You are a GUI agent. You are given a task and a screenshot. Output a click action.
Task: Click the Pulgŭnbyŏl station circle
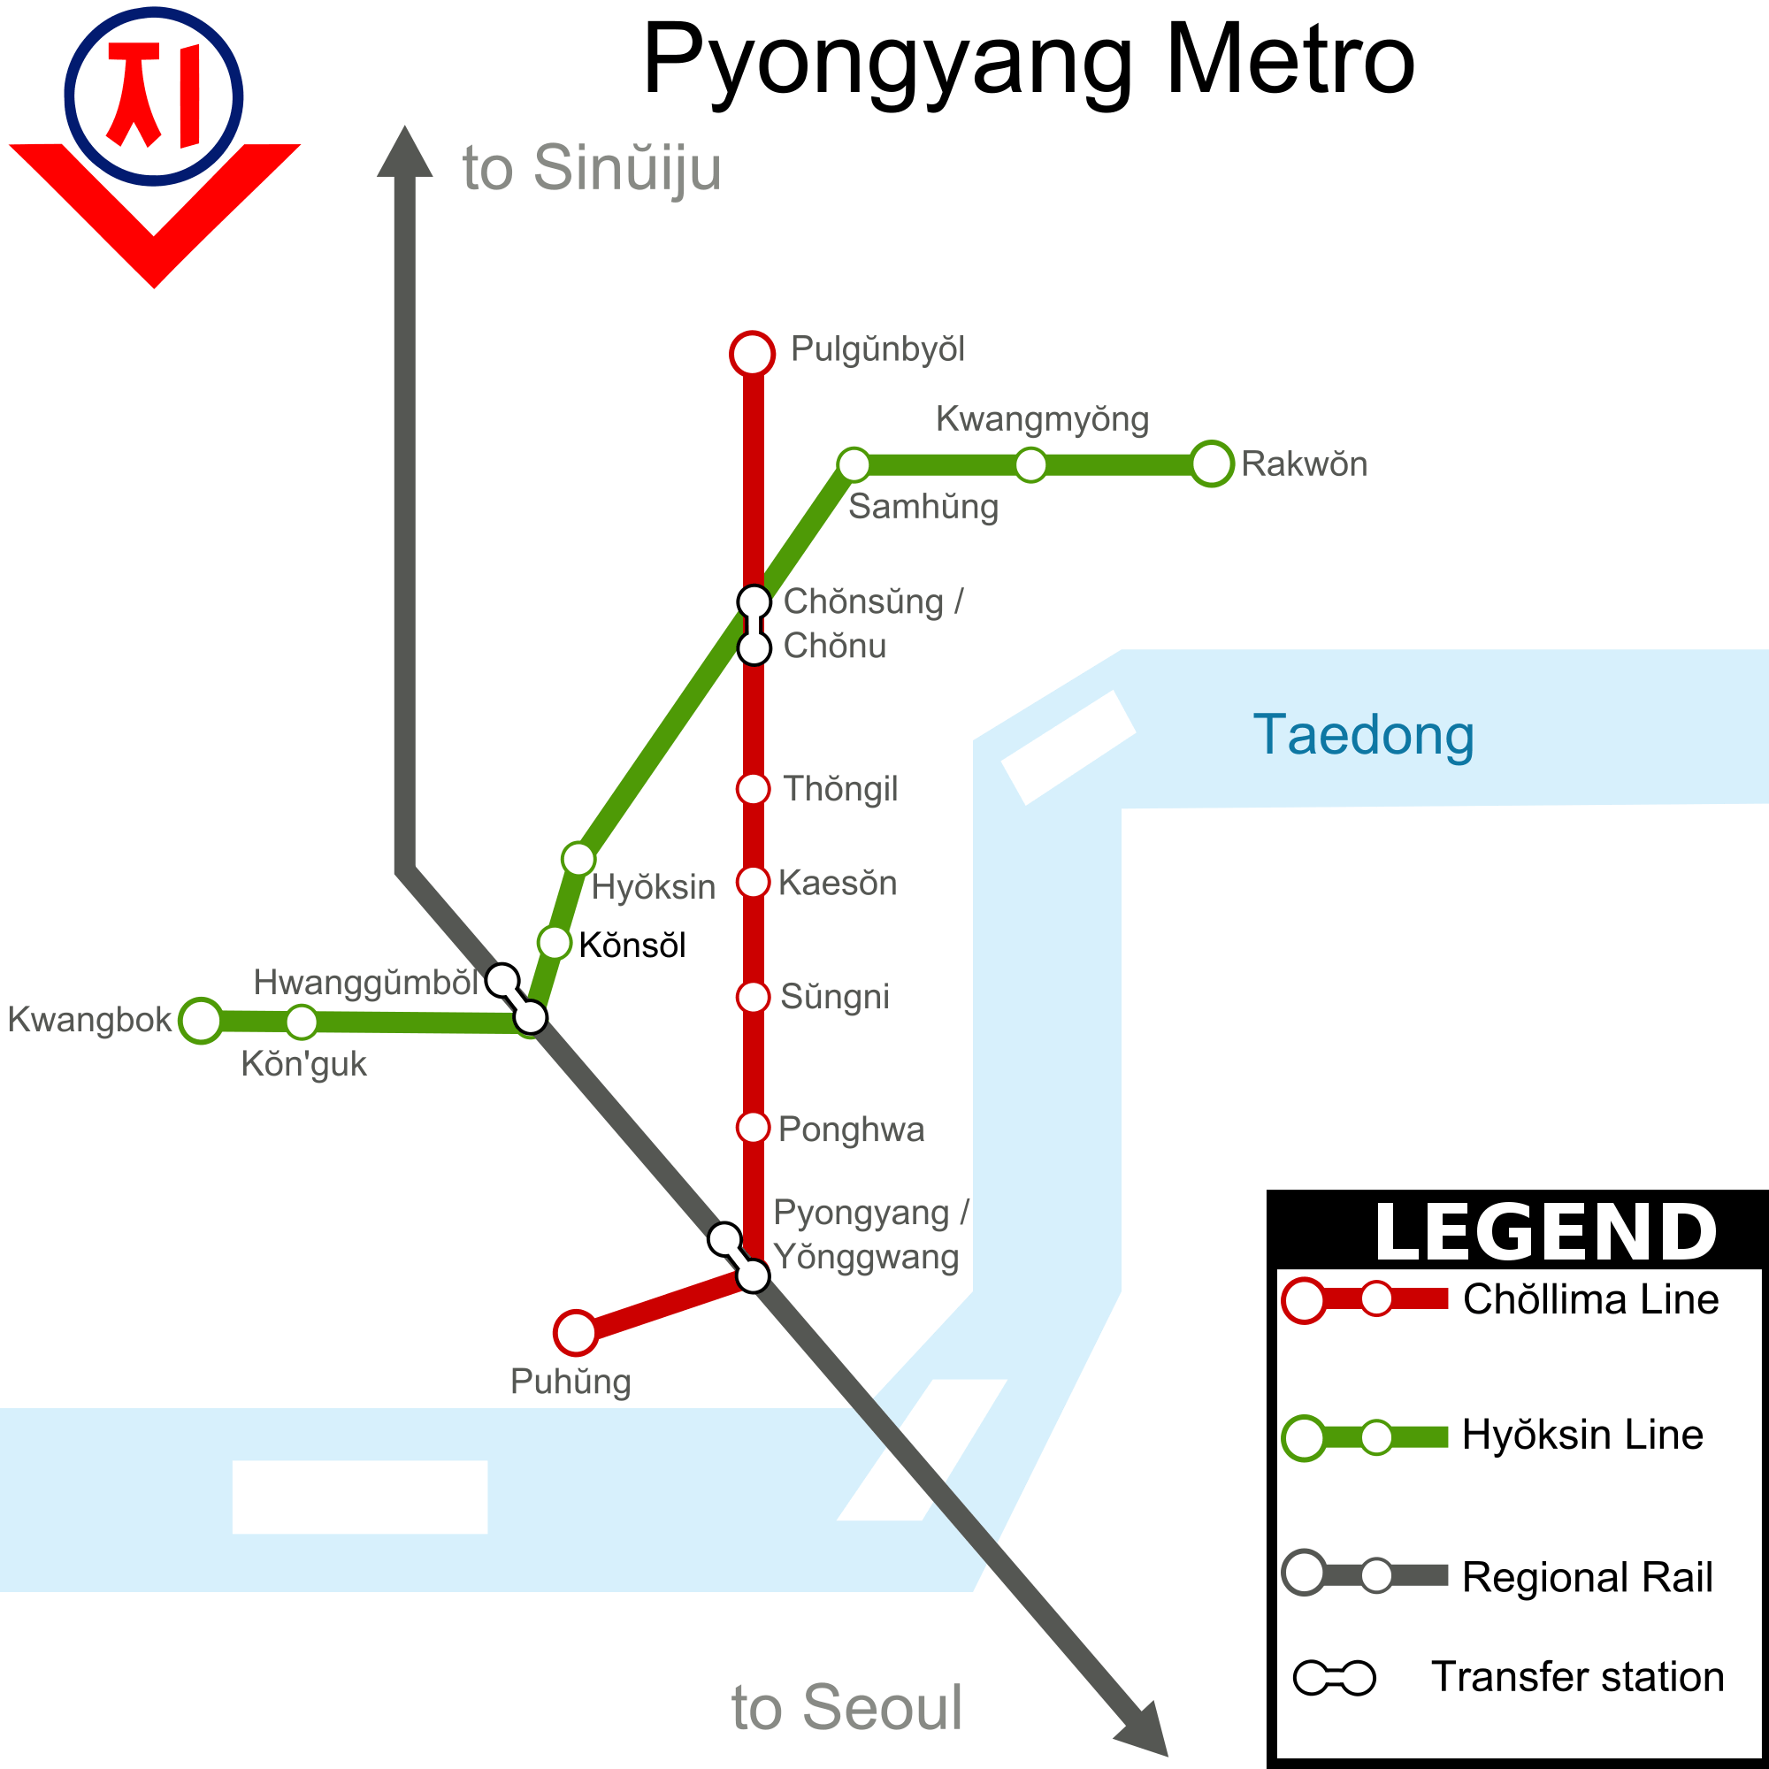[x=752, y=354]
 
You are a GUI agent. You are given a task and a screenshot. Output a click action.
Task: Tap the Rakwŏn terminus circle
[x=1211, y=464]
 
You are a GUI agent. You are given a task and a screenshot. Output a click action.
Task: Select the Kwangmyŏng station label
[x=1041, y=419]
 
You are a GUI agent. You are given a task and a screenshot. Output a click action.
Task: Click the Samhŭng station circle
[x=854, y=464]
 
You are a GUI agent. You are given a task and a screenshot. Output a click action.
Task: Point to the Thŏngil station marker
[x=753, y=788]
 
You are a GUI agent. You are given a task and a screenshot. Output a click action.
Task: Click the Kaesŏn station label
[x=837, y=883]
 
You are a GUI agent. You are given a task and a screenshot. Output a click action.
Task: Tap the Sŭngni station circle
[x=753, y=996]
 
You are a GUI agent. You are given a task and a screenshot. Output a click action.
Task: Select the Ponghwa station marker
[x=753, y=1127]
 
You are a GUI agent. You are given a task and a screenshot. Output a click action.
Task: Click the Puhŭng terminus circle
[x=575, y=1332]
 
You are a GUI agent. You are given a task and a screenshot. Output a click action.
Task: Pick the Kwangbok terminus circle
[x=201, y=1020]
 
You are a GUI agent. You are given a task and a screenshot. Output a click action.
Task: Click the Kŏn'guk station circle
[x=302, y=1021]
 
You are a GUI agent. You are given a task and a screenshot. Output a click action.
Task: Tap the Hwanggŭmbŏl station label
[x=365, y=982]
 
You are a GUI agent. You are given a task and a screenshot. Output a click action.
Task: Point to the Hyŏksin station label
[x=653, y=886]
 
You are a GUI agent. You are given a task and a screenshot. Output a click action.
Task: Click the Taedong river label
[x=1362, y=734]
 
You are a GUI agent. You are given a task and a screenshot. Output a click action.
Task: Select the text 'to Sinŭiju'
[x=592, y=168]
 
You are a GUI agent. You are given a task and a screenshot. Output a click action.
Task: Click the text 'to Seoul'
[x=847, y=1708]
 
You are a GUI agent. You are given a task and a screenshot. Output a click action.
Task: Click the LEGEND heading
[x=1544, y=1232]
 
